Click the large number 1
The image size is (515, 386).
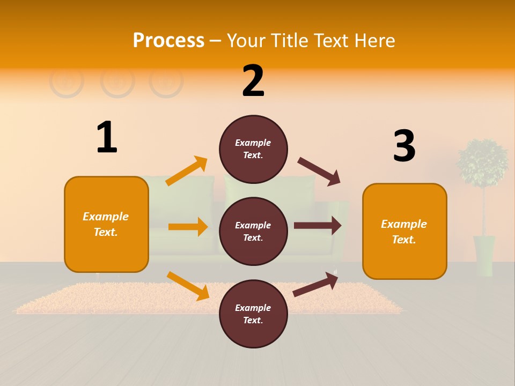pos(107,137)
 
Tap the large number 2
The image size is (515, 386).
pos(253,81)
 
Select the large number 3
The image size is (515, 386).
pos(404,146)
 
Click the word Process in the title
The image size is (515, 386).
pos(168,40)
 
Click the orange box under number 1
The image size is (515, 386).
pos(106,224)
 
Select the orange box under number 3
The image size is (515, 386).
pos(404,231)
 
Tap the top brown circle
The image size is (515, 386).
pos(253,149)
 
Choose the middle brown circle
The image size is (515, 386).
pos(253,231)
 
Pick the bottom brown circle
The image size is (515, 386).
pos(253,314)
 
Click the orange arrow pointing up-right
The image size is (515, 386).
pos(187,171)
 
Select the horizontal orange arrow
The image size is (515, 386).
pos(188,227)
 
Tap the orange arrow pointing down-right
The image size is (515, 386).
pos(188,285)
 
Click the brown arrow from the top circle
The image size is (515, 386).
pos(319,172)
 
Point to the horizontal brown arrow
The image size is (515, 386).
pos(318,226)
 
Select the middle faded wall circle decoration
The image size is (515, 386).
pos(117,81)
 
